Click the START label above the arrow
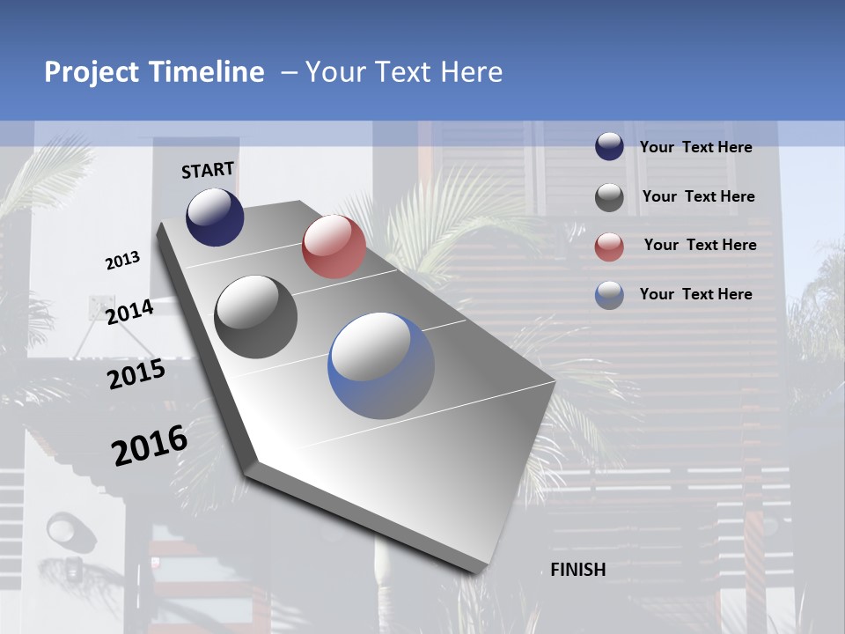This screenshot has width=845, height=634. click(208, 170)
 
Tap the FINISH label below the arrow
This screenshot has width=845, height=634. click(578, 570)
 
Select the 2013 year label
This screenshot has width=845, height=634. click(123, 261)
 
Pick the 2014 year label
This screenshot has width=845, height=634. click(129, 312)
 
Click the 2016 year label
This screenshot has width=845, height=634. click(150, 445)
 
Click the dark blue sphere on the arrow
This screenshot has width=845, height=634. click(215, 217)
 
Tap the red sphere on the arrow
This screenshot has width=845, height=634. click(334, 247)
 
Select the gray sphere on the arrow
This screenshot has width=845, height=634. click(256, 317)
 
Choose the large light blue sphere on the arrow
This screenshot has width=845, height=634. click(381, 365)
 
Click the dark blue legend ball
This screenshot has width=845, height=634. click(609, 147)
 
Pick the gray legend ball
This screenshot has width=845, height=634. click(609, 197)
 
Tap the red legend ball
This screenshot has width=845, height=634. click(609, 247)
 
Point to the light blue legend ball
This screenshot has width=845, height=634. click(609, 295)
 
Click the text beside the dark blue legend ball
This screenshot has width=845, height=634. click(696, 147)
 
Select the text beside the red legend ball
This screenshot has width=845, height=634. click(700, 245)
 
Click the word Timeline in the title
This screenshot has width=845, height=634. click(209, 72)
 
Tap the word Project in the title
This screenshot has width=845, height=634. click(90, 72)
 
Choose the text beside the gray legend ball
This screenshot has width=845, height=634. click(699, 196)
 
